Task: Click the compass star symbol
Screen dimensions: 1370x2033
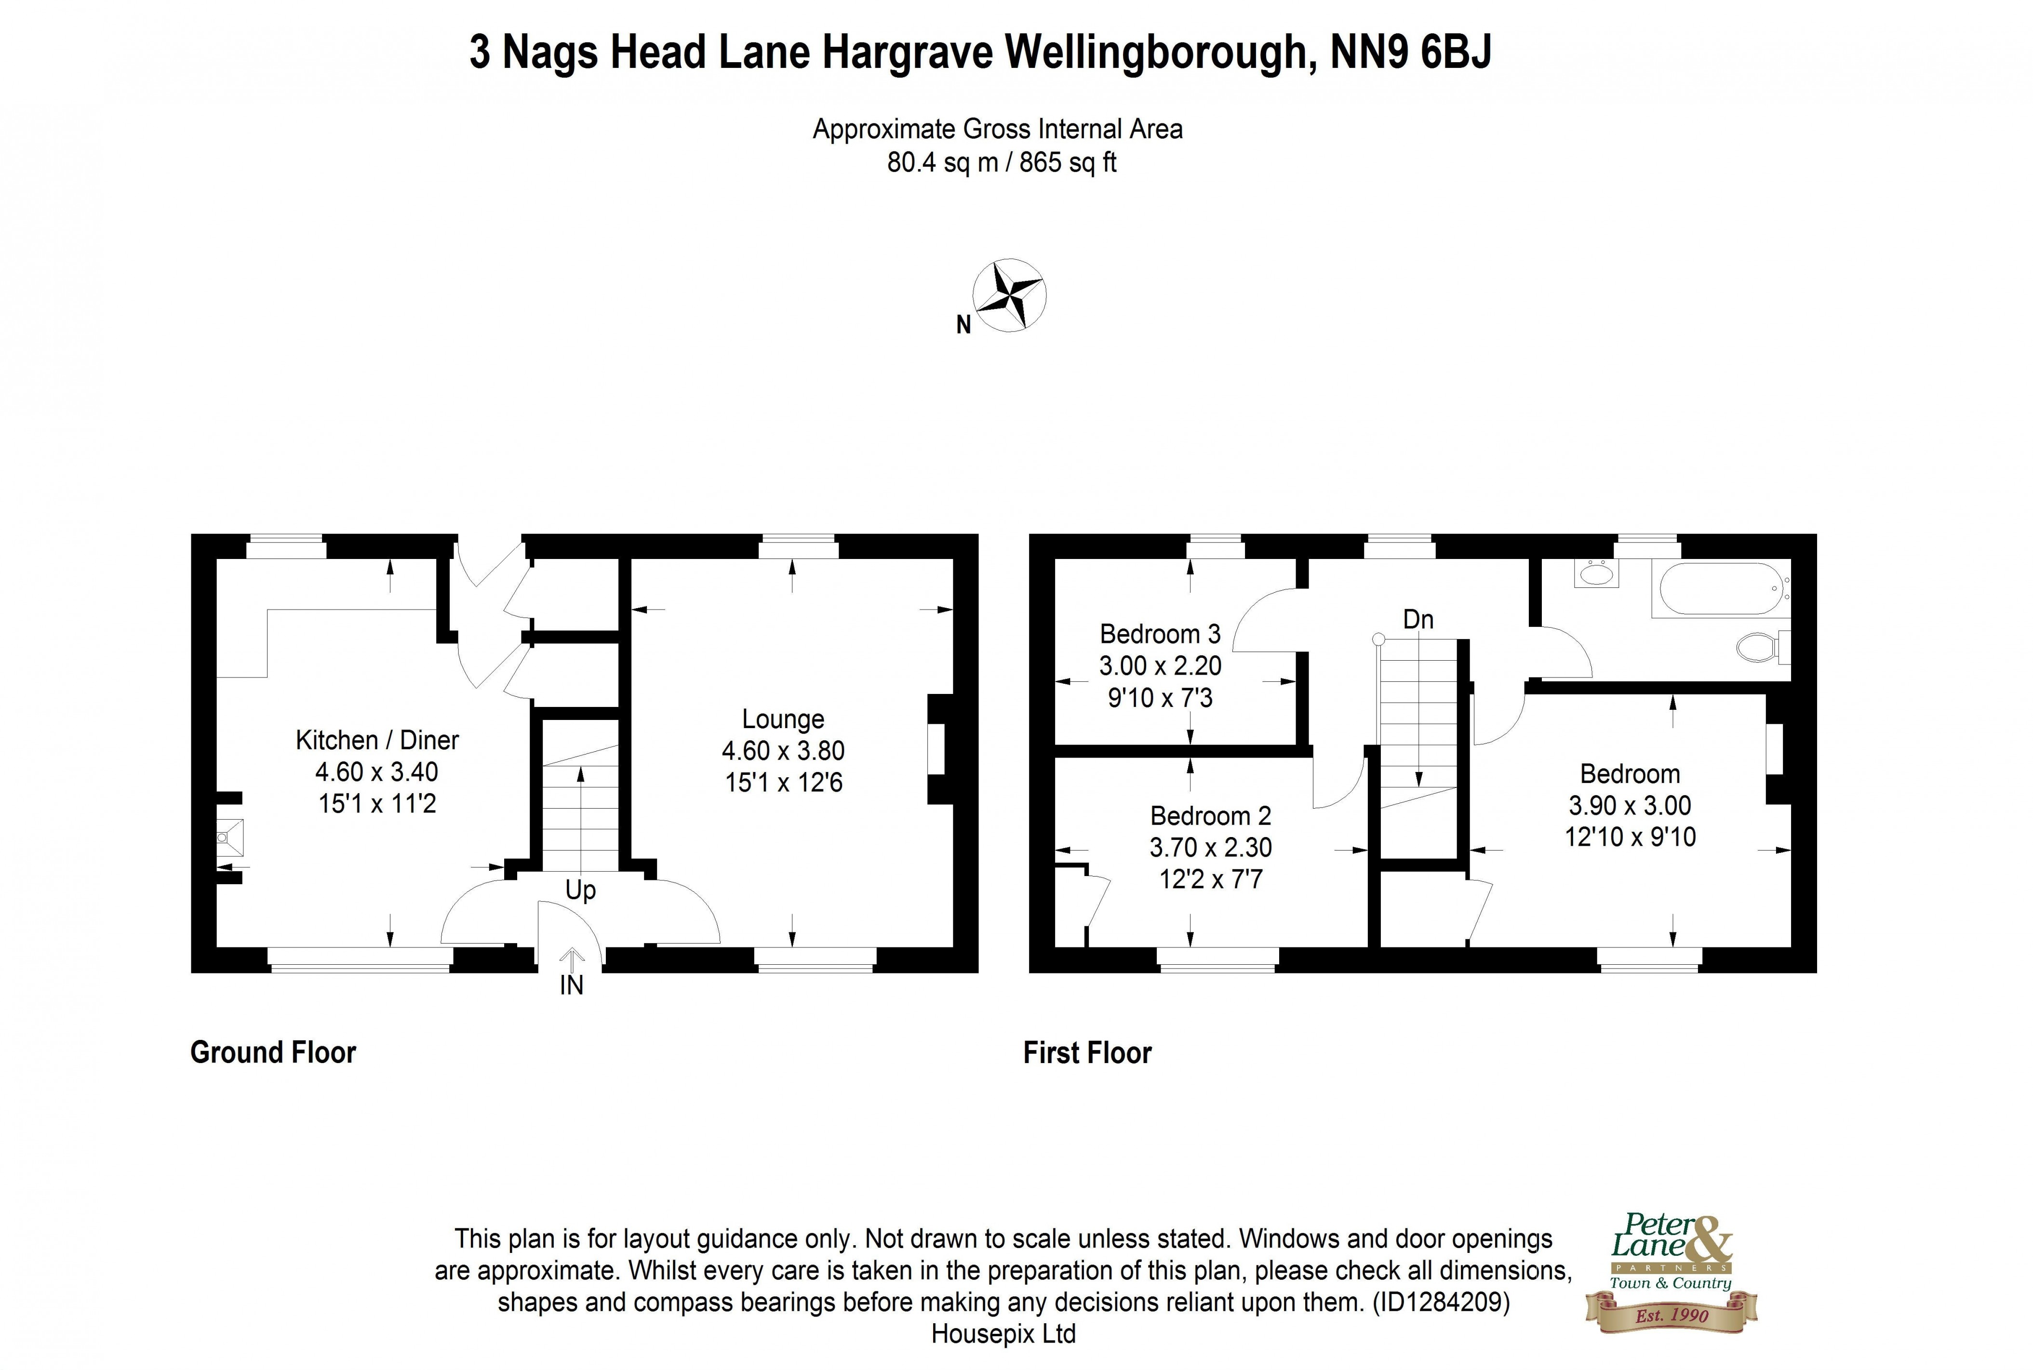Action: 1009,295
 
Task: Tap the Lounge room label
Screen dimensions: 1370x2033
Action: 783,719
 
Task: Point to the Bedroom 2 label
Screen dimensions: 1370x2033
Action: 1210,815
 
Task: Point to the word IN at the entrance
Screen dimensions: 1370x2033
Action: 571,985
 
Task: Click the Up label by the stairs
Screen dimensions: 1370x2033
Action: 580,891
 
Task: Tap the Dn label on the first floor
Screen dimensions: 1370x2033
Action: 1418,620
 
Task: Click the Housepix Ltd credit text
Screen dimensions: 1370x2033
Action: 1003,1334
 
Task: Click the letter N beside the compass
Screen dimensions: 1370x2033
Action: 963,325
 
